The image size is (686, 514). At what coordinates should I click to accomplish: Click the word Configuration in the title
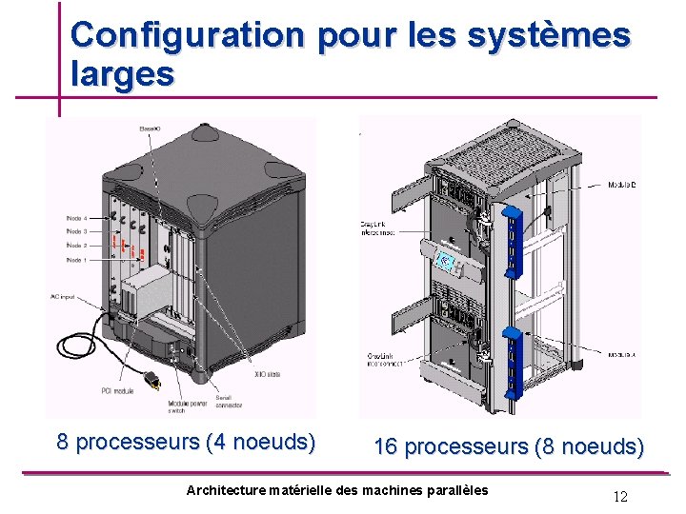[187, 35]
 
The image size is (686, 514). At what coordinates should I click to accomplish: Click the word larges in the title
[122, 74]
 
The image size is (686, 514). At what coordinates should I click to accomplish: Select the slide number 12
[620, 496]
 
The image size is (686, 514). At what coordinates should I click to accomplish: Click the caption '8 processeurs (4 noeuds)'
[186, 442]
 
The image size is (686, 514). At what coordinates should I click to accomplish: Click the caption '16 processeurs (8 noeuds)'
[509, 446]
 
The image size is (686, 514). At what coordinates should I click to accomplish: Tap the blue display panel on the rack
[443, 261]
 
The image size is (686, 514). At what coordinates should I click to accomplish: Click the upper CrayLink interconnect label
[378, 228]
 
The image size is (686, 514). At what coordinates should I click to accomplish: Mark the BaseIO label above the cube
[151, 128]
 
